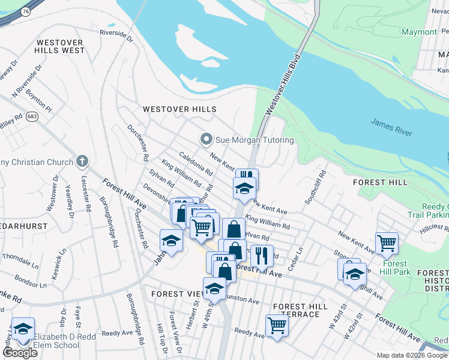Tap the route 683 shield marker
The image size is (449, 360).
(x=32, y=118)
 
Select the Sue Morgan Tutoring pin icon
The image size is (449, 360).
(x=206, y=140)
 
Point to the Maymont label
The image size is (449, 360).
(x=419, y=32)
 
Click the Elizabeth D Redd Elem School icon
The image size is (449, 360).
(x=23, y=329)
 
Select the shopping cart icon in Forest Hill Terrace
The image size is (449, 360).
(x=277, y=325)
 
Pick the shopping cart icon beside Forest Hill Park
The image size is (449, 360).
(x=387, y=243)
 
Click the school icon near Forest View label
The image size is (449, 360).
(x=214, y=289)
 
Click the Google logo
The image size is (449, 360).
(x=20, y=352)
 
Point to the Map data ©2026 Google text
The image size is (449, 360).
(x=412, y=355)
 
